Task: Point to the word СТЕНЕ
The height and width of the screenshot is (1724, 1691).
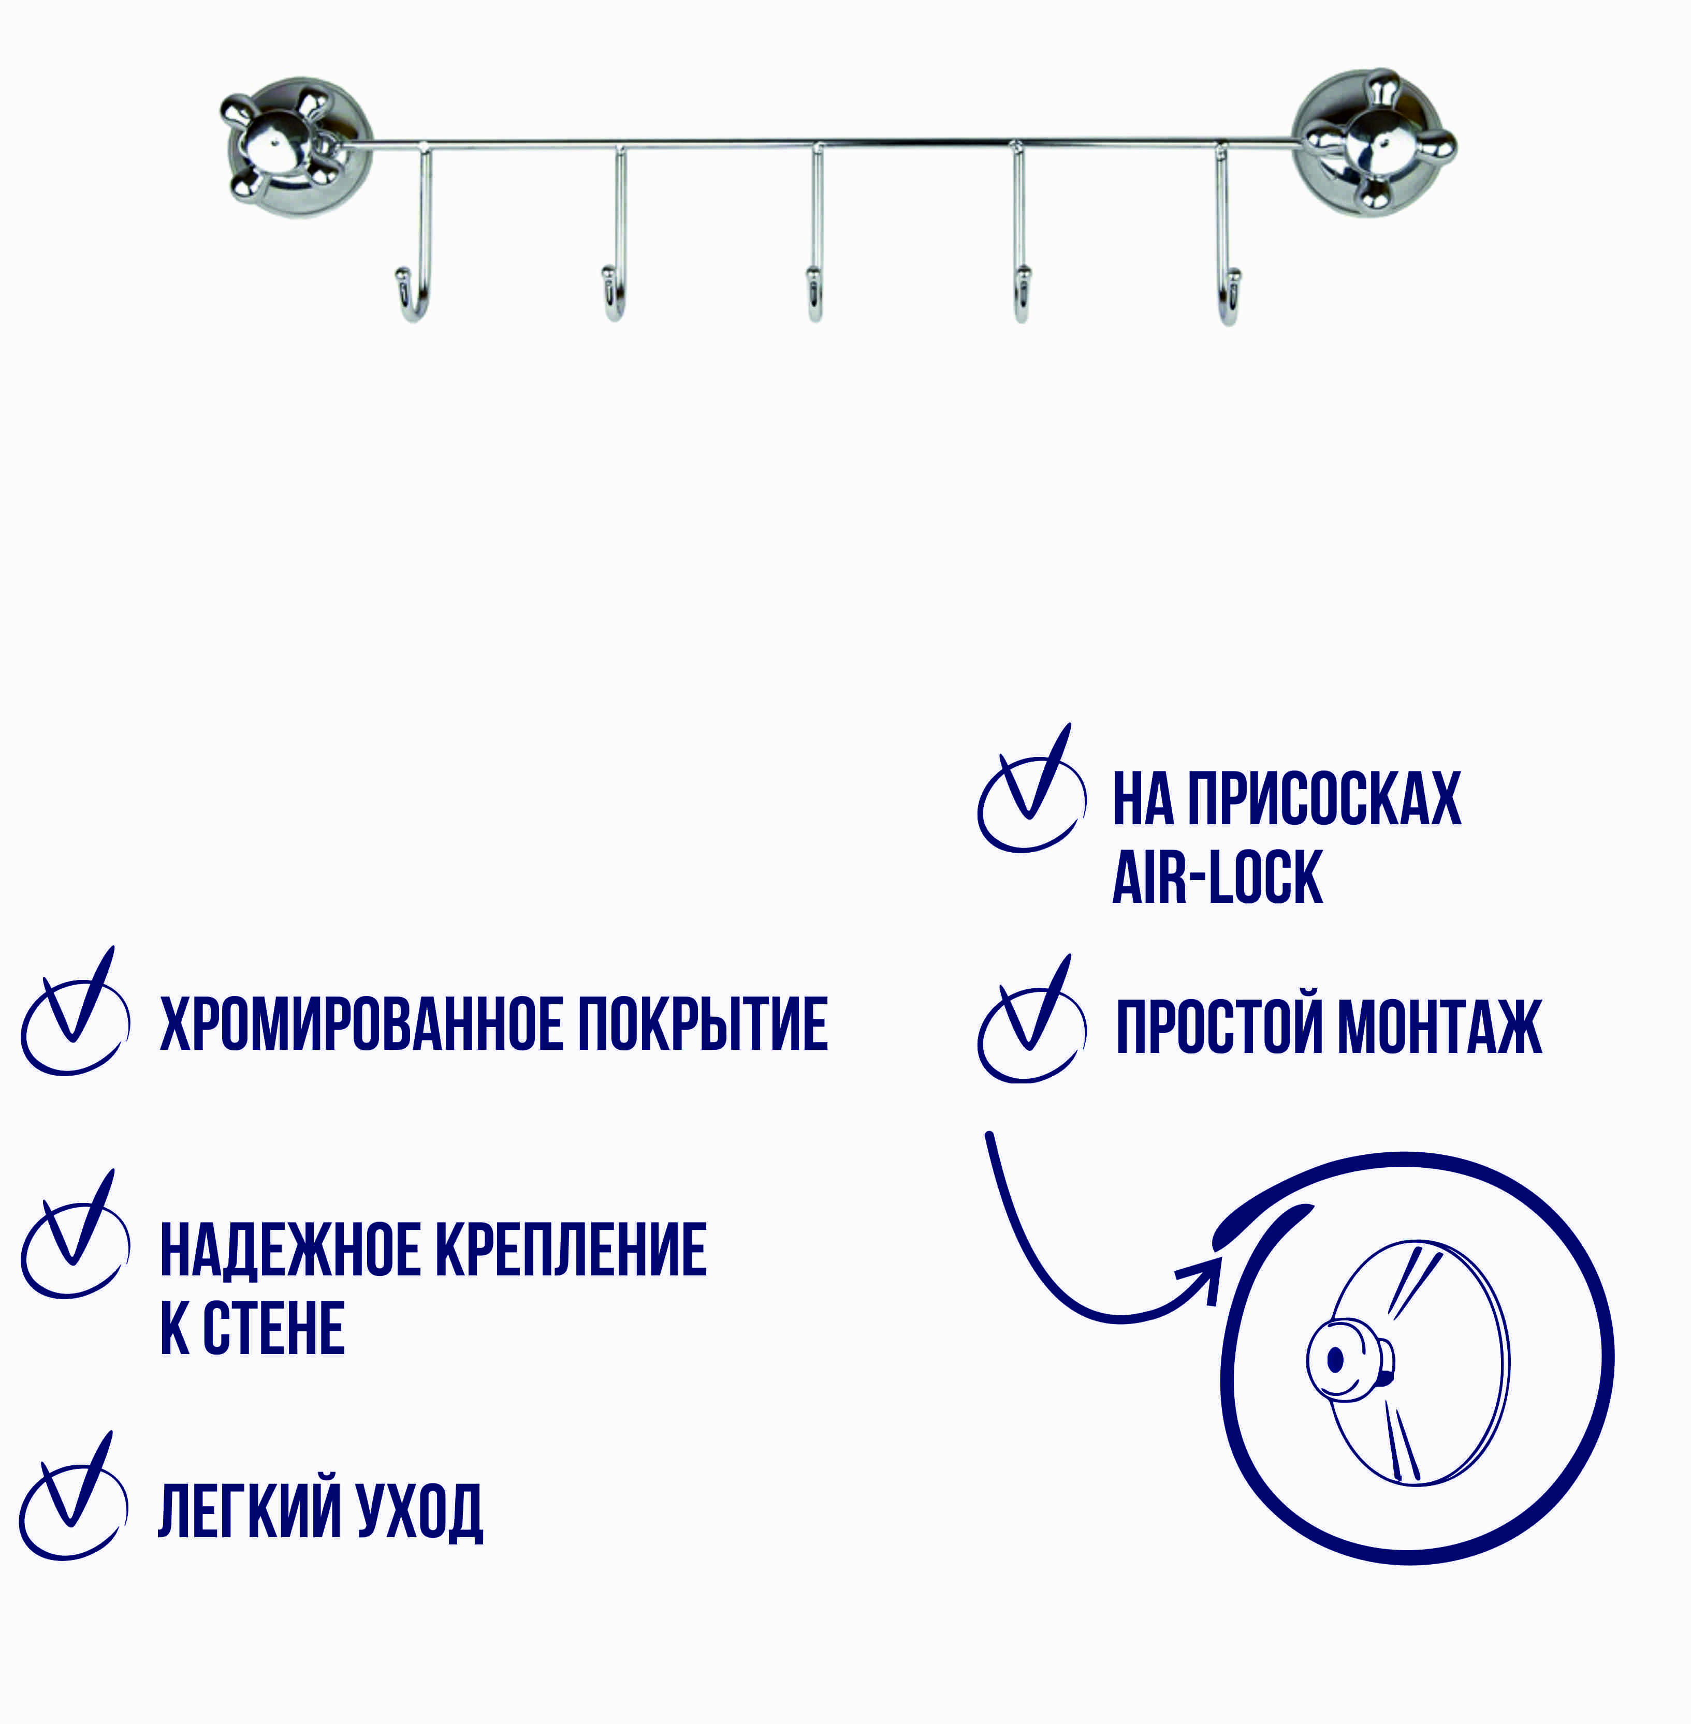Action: coord(273,1328)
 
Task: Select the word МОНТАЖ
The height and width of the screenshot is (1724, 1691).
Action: coord(1439,1026)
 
